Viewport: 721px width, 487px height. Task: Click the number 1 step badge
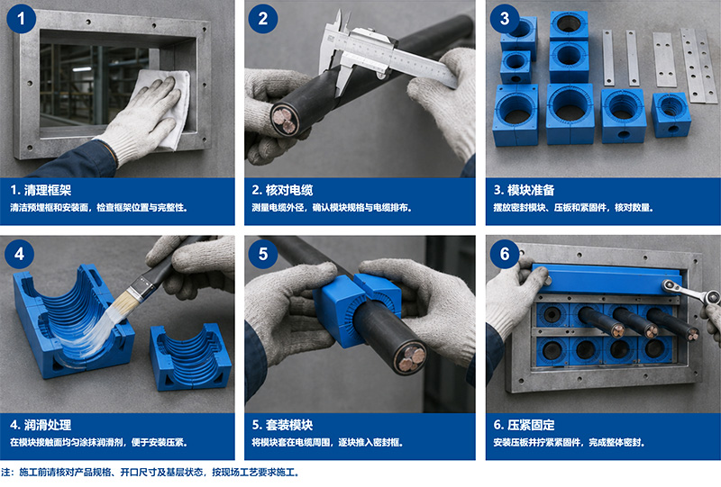pos(21,18)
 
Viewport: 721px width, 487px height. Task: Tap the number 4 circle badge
pos(19,254)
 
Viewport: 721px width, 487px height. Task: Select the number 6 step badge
pos(505,254)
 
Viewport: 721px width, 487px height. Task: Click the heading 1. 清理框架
pos(41,190)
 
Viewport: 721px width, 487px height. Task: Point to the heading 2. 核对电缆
pos(282,190)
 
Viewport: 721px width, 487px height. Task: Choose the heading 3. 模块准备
pos(525,190)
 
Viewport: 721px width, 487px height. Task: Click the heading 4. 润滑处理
pos(41,425)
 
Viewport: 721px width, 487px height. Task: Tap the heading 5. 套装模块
pos(282,425)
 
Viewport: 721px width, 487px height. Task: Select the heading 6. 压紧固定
pos(525,425)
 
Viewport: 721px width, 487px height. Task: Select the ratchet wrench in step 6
pos(690,291)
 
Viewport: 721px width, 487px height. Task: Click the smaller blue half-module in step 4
pos(190,356)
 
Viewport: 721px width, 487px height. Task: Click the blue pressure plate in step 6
pos(607,279)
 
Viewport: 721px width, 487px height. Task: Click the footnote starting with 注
pos(151,473)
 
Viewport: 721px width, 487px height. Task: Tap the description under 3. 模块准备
pos(573,208)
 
